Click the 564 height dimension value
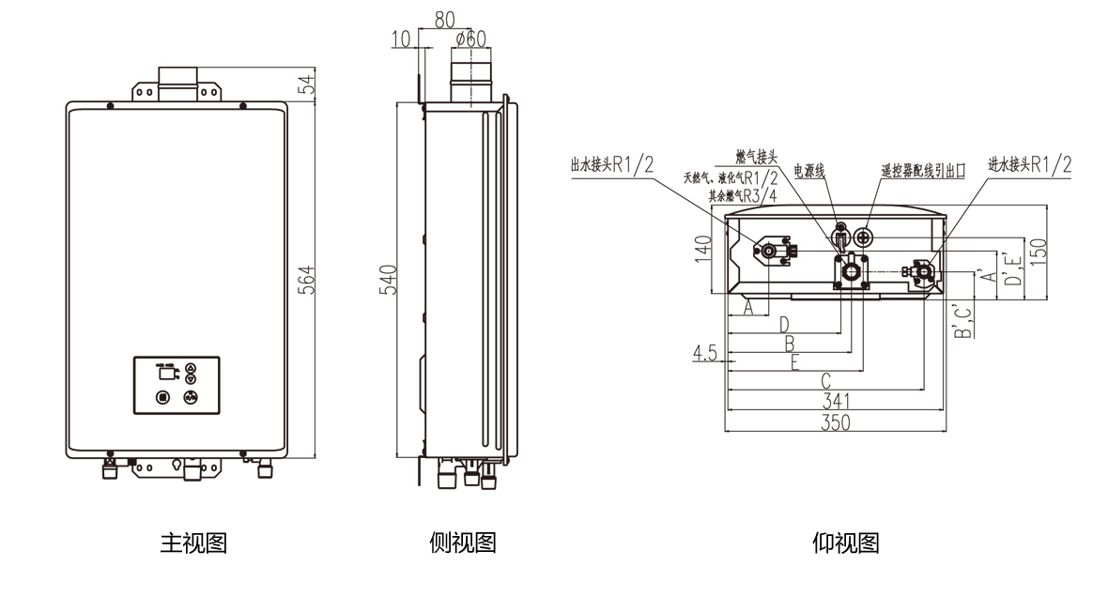(306, 280)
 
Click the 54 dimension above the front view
(306, 84)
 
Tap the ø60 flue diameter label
(469, 38)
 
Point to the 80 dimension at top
(445, 18)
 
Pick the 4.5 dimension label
(705, 353)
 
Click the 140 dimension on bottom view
(702, 251)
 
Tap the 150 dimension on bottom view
(1039, 251)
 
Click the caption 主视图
(194, 543)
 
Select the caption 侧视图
(462, 543)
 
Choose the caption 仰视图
(845, 543)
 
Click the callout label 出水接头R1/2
(611, 165)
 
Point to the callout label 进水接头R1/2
(1029, 164)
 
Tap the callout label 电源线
(808, 171)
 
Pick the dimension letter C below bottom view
(825, 381)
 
